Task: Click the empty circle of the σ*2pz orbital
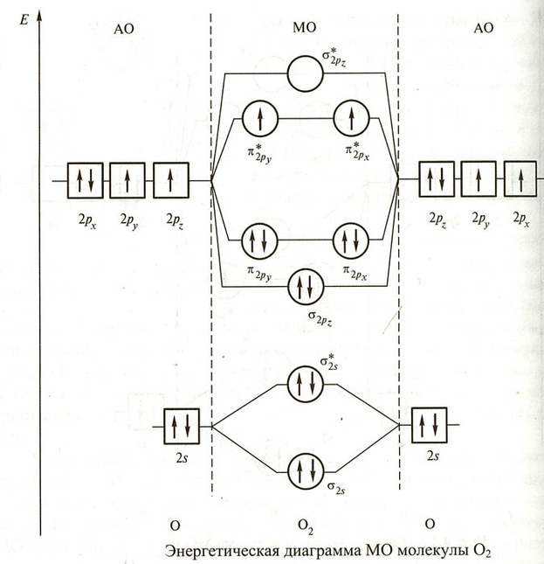click(306, 73)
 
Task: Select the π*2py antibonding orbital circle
click(259, 117)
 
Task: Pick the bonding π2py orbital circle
click(259, 239)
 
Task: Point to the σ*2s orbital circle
click(306, 384)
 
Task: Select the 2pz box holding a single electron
click(170, 181)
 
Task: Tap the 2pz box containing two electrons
click(437, 182)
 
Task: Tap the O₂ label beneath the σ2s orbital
click(306, 525)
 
